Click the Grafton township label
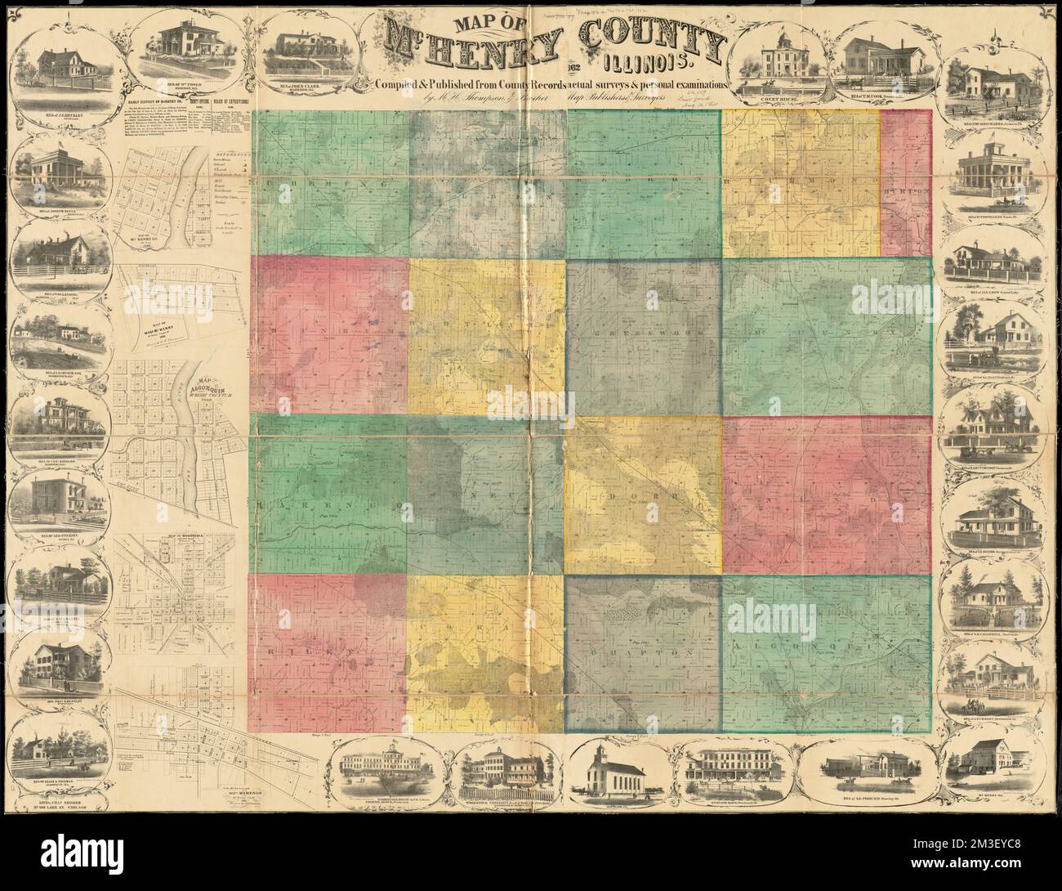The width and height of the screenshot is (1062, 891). tap(641, 653)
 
